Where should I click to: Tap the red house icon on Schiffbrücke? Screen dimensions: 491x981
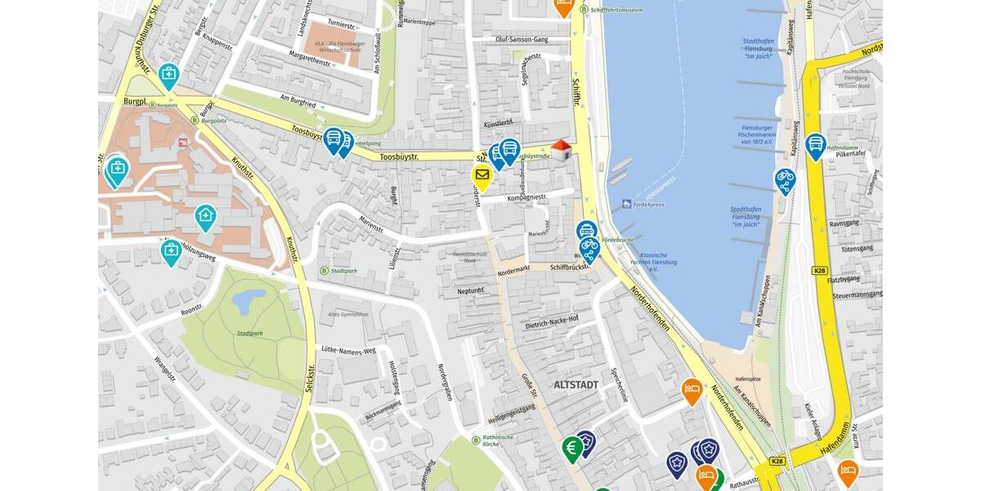pos(561,149)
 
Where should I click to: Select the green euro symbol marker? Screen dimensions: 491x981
pos(572,448)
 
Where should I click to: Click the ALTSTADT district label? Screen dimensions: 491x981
pos(576,385)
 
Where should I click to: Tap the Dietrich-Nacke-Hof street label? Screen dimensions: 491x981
pos(552,322)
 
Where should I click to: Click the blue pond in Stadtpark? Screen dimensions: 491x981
pos(247,301)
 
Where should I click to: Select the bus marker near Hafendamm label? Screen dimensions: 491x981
pos(815,145)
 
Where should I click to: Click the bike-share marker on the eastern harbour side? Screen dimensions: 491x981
pos(785,179)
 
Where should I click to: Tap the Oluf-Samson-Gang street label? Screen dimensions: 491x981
pos(522,39)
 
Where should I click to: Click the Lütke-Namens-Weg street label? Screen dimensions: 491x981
pos(347,349)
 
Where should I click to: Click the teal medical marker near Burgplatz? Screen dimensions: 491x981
pos(169,75)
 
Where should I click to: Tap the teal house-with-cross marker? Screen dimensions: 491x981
pos(205,217)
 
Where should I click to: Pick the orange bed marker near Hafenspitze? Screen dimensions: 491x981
pos(692,390)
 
